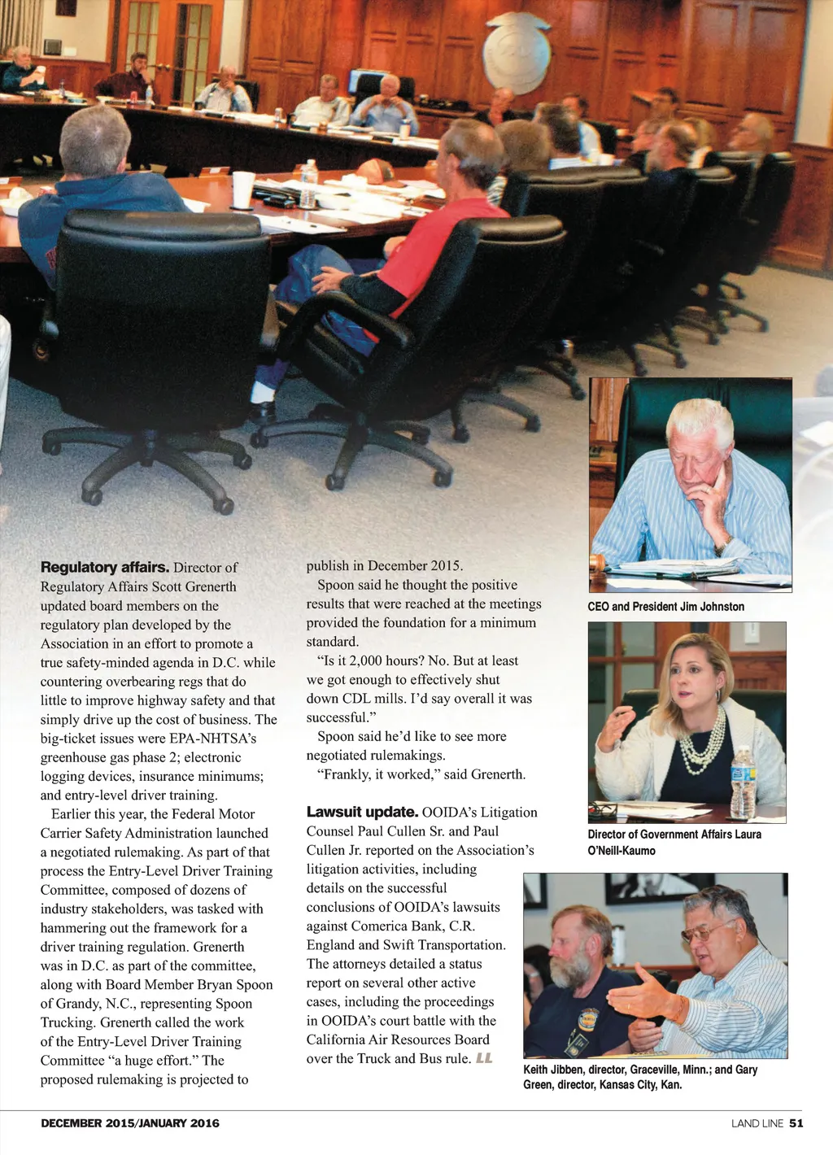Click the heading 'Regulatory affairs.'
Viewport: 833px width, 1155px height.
[x=104, y=568]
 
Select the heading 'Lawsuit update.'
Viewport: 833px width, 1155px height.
[x=362, y=812]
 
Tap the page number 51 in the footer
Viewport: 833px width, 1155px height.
[x=796, y=1123]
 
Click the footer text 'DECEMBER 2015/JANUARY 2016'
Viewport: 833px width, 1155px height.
[x=130, y=1123]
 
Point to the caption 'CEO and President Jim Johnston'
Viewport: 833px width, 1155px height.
[x=665, y=607]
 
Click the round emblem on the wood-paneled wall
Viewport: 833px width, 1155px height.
[x=516, y=53]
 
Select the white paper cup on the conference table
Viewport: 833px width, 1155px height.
[x=243, y=190]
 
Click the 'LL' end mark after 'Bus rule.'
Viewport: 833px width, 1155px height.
[x=484, y=1058]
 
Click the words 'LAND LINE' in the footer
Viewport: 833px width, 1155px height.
[x=757, y=1123]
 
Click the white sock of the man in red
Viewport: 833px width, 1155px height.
[x=263, y=394]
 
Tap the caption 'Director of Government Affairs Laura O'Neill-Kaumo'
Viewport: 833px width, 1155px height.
[x=674, y=843]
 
